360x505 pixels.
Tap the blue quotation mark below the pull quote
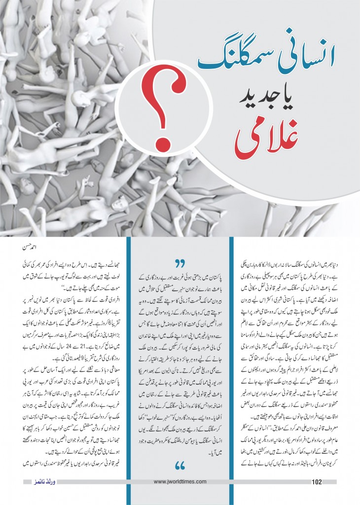click(x=180, y=466)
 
